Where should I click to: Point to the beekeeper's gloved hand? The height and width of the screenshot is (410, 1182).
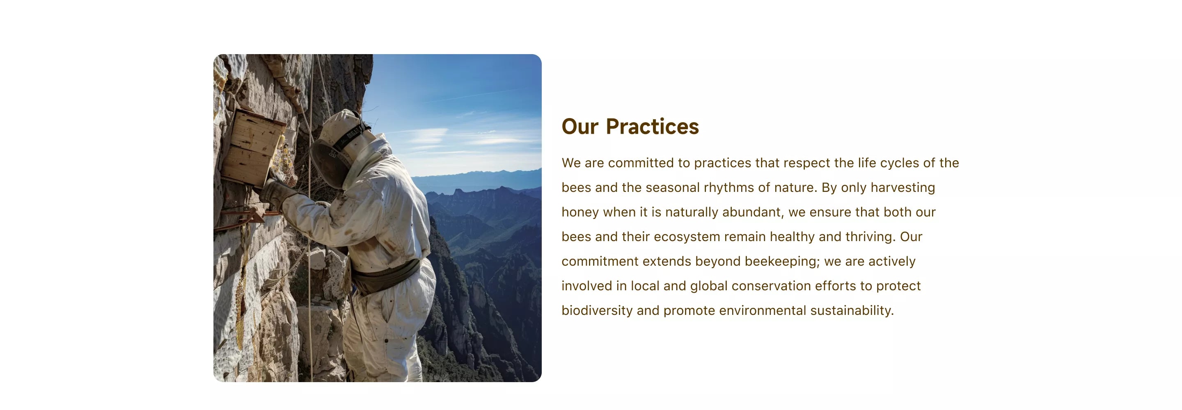click(x=275, y=192)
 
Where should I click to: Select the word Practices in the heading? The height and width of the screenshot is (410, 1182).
click(x=652, y=127)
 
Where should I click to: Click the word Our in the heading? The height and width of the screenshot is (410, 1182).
click(x=580, y=127)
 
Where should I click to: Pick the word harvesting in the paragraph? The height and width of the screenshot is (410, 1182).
click(x=903, y=187)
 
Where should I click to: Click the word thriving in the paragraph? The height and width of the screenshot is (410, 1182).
click(x=870, y=237)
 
